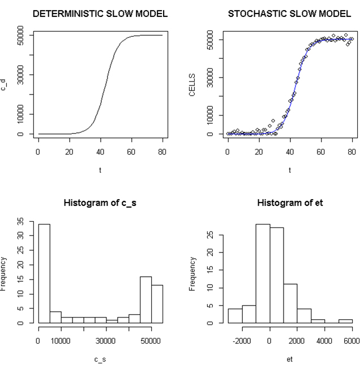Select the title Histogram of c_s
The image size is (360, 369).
[100, 202]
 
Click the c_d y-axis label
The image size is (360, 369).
[5, 84]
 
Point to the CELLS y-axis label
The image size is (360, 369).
[192, 84]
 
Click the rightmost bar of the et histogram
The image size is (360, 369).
[346, 321]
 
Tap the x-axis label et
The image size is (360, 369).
[290, 358]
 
